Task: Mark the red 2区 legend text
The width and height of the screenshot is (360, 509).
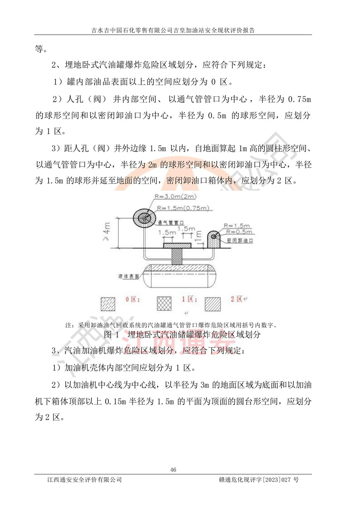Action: coord(237,299)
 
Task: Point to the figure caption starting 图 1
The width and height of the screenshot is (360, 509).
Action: coord(182,335)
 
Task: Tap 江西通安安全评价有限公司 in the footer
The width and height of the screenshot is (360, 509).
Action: coord(85,480)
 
